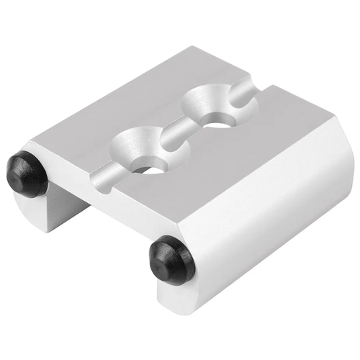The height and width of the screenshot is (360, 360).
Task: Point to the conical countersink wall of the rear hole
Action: coord(209,101)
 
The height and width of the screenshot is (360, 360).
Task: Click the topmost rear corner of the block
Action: coord(193,48)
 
